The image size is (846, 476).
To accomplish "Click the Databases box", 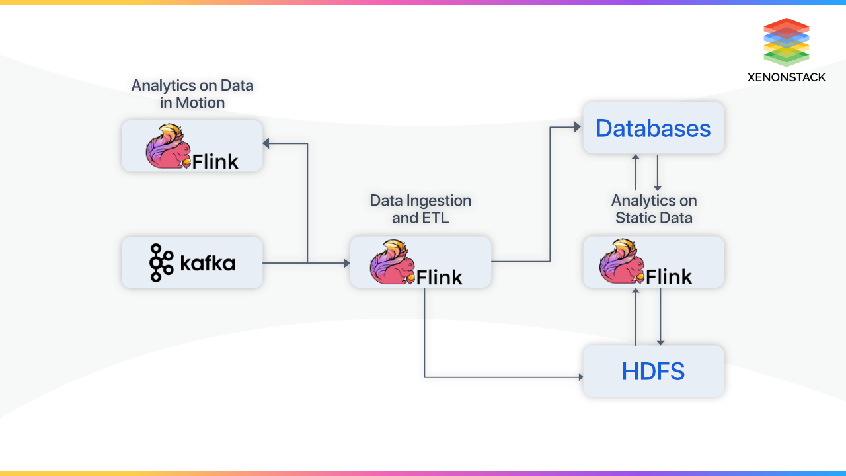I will pos(653,128).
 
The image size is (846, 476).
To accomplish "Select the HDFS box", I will pos(653,371).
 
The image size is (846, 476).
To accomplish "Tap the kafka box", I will pos(192,263).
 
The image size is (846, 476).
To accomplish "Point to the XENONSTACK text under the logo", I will pos(786,77).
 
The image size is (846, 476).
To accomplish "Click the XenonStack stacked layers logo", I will pos(786,42).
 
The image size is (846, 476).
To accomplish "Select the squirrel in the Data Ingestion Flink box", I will pos(392,262).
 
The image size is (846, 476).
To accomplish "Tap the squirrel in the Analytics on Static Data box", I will pos(621,262).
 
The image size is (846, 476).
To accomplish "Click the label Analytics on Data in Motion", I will pos(192,94).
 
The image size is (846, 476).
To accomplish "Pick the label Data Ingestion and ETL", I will pos(420,209).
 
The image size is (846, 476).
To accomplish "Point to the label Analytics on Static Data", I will pos(654,209).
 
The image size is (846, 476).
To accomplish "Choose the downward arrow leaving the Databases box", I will pos(658,186).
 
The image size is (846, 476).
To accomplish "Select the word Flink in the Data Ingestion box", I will pos(440,277).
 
